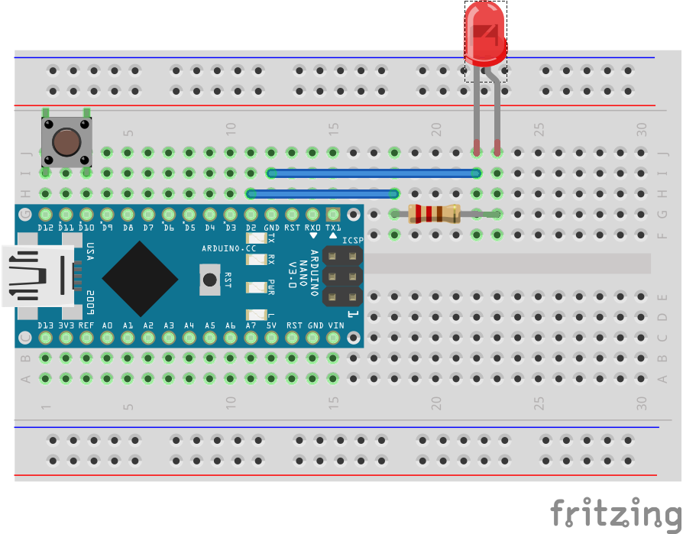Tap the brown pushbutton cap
[x=66, y=141]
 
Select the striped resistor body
[x=434, y=214]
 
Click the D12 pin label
[x=46, y=228]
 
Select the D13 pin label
[x=46, y=325]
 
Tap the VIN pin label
[x=335, y=325]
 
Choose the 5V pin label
[x=271, y=325]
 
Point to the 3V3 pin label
[x=66, y=325]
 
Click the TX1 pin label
[x=333, y=228]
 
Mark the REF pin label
[x=87, y=325]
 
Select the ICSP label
[x=353, y=241]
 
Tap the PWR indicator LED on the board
[x=254, y=288]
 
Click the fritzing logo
[x=615, y=513]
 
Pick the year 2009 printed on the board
[x=90, y=300]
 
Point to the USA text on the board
[x=90, y=252]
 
